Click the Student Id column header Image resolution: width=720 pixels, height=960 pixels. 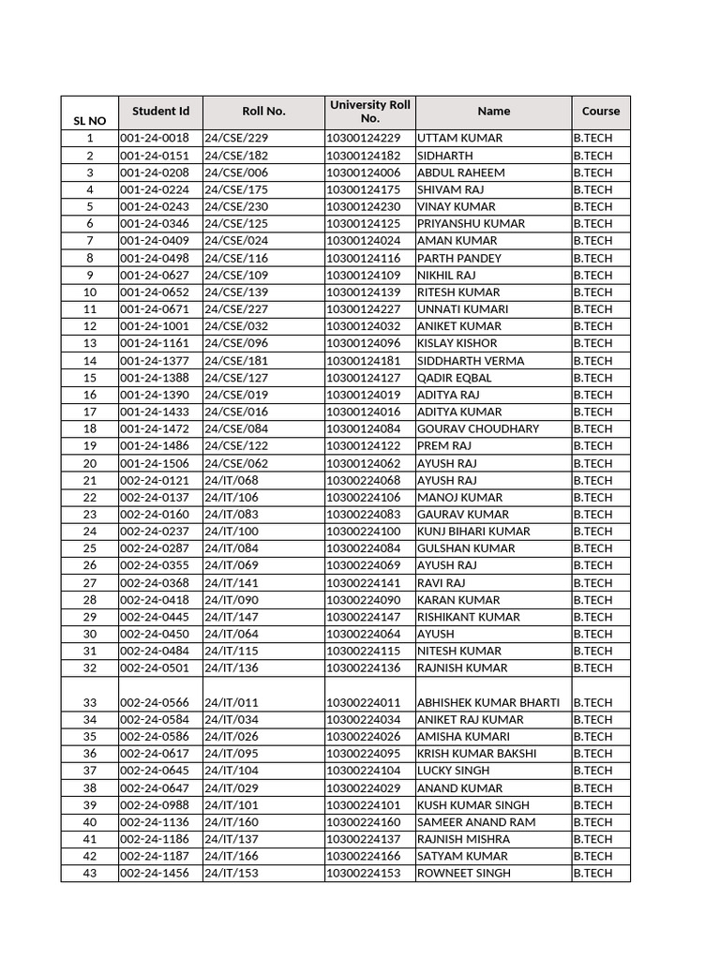point(160,112)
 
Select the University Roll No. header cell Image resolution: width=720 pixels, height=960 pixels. point(370,112)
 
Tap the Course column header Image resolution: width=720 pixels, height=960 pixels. point(600,112)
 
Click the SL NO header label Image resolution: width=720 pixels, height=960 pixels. point(90,121)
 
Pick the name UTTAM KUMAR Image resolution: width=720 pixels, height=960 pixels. point(459,139)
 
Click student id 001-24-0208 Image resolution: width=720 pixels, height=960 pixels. point(155,172)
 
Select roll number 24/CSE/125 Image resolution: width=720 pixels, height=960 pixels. point(236,224)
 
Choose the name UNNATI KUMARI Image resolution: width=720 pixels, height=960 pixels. point(463,309)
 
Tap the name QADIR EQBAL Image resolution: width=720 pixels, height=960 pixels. point(454,378)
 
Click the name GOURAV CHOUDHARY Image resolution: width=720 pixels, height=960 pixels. point(478,428)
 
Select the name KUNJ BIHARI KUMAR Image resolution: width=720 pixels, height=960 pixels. point(473,532)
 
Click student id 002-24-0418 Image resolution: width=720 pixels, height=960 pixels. point(155,600)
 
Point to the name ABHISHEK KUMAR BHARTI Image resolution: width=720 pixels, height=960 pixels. point(488,702)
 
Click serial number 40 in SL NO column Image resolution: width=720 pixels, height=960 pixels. point(90,822)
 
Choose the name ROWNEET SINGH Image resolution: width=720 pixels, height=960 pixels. point(464,874)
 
